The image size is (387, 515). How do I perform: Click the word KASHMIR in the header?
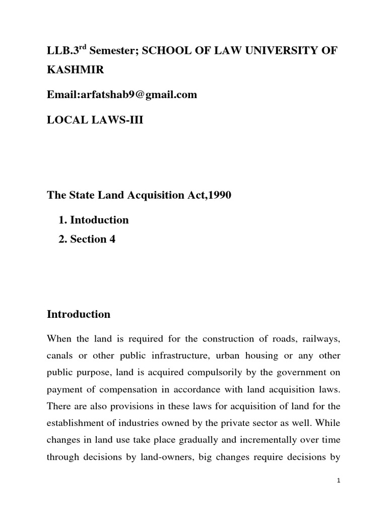tap(76, 70)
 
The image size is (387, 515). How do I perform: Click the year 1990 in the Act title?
tap(218, 196)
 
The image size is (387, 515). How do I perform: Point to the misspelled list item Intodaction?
tap(99, 220)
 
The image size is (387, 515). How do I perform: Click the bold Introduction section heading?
tap(79, 314)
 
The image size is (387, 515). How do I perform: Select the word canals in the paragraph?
tap(61, 356)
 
